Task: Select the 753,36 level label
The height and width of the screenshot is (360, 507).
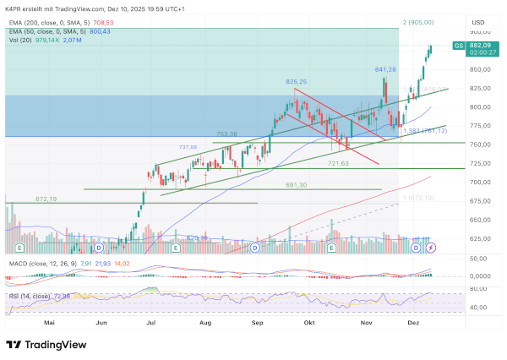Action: click(x=226, y=134)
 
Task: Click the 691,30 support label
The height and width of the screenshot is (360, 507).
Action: click(x=296, y=184)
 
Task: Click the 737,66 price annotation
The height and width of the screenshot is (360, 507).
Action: click(x=188, y=147)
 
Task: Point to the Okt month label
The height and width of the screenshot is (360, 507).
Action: click(x=309, y=322)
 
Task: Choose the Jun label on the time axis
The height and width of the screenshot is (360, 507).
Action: click(x=102, y=322)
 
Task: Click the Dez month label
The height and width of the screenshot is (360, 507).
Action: click(x=414, y=322)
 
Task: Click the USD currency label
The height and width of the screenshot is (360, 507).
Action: click(x=478, y=22)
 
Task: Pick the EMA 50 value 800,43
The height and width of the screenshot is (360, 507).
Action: click(x=101, y=31)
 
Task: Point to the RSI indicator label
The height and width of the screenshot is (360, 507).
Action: click(x=14, y=296)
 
